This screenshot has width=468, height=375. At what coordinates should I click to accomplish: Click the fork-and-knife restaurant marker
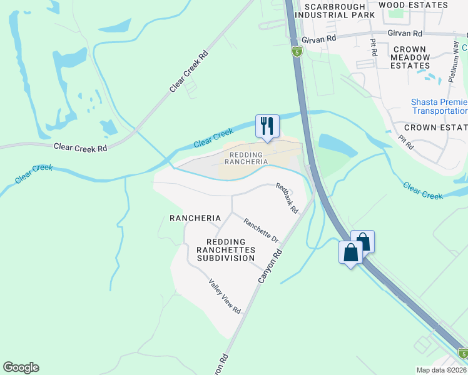click(267, 126)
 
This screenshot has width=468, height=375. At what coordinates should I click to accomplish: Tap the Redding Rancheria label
click(245, 157)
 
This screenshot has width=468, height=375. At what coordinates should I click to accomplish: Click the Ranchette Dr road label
click(260, 230)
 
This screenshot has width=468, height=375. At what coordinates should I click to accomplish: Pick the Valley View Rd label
click(225, 296)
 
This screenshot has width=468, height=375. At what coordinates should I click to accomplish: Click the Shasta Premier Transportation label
click(439, 106)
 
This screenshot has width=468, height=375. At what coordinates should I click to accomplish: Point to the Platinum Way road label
click(454, 62)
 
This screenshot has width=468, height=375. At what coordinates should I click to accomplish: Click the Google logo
click(21, 367)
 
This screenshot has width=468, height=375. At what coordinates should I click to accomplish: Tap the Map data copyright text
click(441, 369)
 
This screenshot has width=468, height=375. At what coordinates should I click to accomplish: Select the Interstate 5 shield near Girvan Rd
click(297, 52)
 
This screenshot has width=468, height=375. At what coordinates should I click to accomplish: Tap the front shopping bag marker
click(350, 253)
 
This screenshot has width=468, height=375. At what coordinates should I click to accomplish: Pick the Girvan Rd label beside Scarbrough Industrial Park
click(318, 39)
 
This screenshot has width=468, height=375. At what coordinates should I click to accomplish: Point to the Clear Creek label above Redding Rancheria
click(213, 138)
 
